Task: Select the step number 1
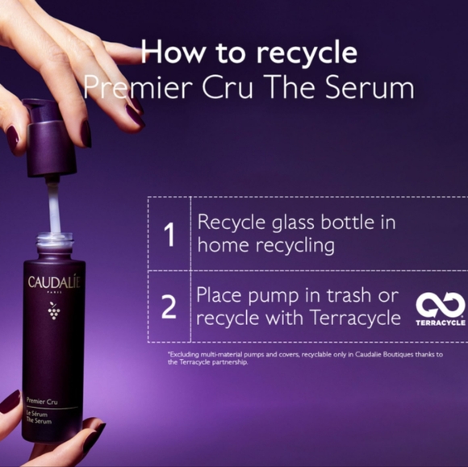[x=169, y=235]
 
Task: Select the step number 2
[x=169, y=307]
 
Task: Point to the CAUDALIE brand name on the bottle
[x=54, y=282]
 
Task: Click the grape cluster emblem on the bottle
[x=54, y=310]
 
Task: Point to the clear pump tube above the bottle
[x=54, y=206]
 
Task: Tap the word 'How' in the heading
[x=167, y=52]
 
